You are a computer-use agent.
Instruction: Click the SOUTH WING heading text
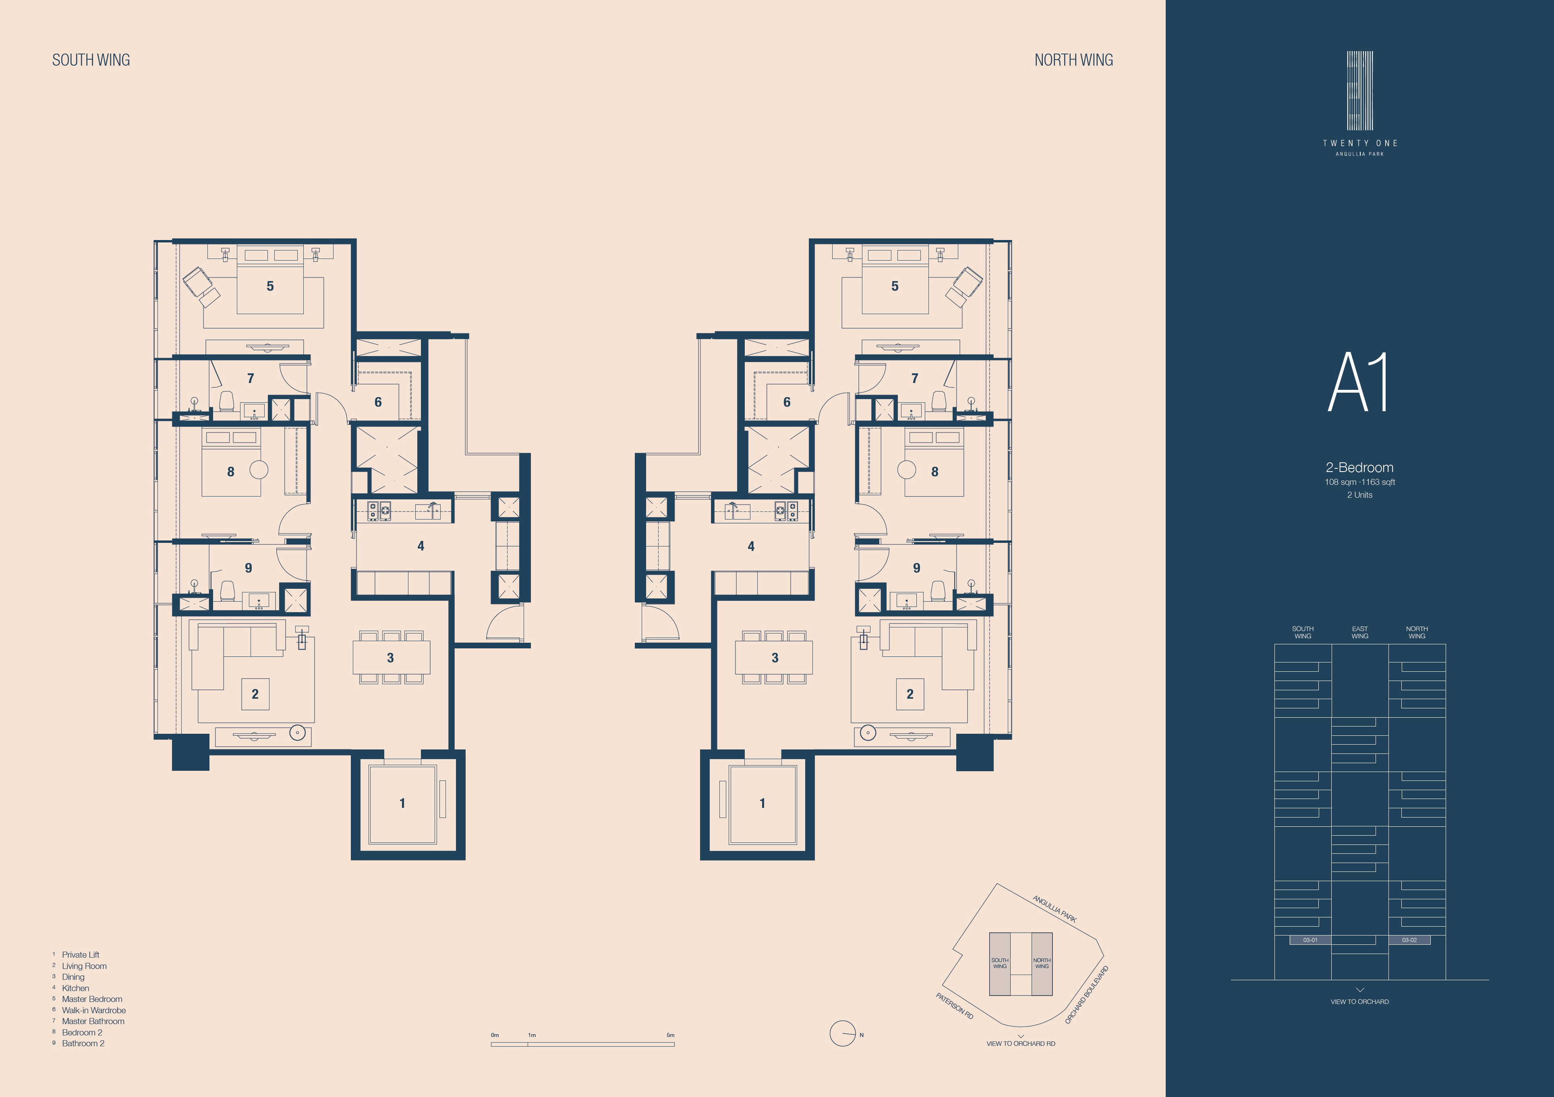(91, 60)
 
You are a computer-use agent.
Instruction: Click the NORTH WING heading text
(1073, 60)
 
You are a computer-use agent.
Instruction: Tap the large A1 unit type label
(1358, 382)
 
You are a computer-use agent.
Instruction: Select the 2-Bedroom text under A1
(1359, 468)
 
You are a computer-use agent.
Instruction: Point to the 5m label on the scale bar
(670, 1035)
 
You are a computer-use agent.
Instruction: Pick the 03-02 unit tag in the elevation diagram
(1409, 940)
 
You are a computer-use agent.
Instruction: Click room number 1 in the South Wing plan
(402, 803)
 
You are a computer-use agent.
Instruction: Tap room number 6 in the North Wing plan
(787, 402)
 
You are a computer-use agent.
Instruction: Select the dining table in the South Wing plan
(391, 657)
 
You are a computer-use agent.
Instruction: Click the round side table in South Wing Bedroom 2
(259, 469)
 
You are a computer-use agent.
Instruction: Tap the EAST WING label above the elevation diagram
(1360, 632)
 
